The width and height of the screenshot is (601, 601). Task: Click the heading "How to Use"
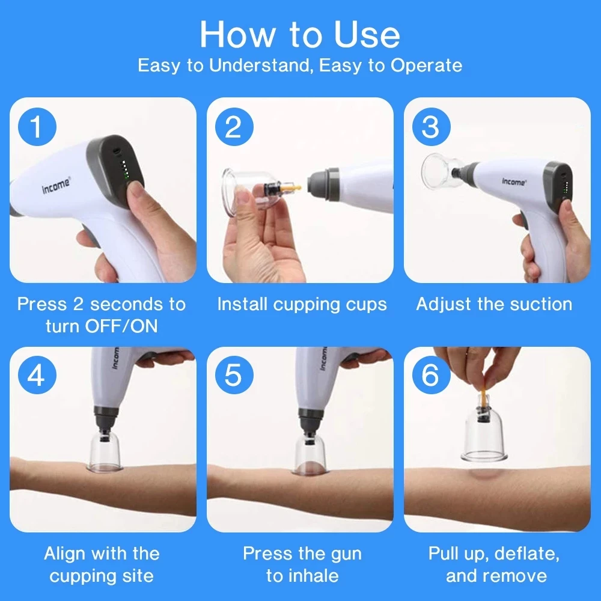point(300,34)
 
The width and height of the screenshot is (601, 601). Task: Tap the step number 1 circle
point(37,127)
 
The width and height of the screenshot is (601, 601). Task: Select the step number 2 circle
point(233,127)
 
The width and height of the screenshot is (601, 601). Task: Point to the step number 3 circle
point(430,127)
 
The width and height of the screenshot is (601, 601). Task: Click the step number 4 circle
point(37,376)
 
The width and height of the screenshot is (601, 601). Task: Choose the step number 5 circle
point(233,376)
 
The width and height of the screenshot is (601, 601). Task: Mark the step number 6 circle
point(430,376)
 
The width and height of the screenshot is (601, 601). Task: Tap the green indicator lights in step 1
point(124,171)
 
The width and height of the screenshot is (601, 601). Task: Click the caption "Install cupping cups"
point(302,304)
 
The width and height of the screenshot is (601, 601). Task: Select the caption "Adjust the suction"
point(494,304)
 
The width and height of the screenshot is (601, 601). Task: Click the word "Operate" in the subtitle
point(426,65)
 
